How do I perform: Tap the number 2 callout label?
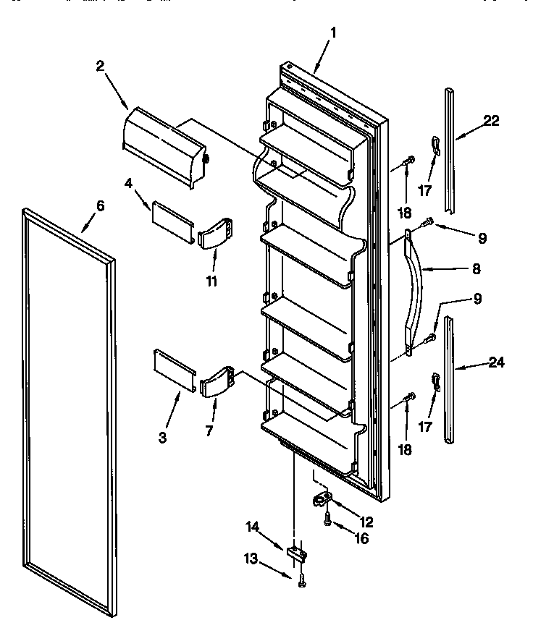pyautogui.click(x=100, y=66)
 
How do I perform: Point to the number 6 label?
pyautogui.click(x=100, y=206)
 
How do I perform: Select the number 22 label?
pyautogui.click(x=491, y=121)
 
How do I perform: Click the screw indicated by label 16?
pyautogui.click(x=327, y=518)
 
